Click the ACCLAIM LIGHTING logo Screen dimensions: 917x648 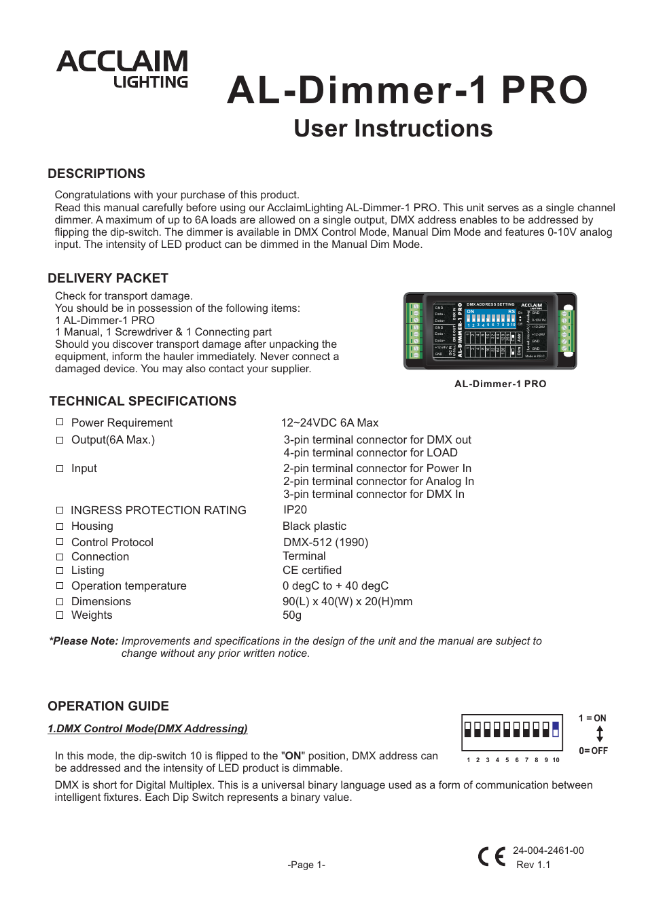pos(123,69)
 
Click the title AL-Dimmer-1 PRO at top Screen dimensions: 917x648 pos(407,90)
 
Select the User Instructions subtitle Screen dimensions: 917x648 pos(393,128)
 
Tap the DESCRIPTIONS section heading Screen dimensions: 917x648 pos(96,174)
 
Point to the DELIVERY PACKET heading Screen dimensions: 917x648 pos(108,278)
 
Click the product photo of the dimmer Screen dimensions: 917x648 pos(490,331)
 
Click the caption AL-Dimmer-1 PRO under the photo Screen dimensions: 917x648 pos(500,384)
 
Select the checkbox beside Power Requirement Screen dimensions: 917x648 pos(60,422)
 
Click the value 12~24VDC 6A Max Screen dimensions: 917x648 pos(330,422)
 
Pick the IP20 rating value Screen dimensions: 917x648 pos(295,509)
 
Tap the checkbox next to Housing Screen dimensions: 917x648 pos(60,526)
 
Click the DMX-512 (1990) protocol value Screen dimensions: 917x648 pos(325,542)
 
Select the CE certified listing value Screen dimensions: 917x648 pos(312,570)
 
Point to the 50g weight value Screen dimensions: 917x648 pos(292,615)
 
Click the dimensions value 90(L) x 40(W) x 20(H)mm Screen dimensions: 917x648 pos(347,601)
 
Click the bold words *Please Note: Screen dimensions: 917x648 pos(84,641)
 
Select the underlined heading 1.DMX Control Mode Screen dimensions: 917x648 pos(147,728)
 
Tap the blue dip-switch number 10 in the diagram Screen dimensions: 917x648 pos(556,730)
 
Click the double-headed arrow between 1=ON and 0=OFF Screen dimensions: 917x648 pos(600,734)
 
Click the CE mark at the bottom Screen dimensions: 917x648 pos(492,857)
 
